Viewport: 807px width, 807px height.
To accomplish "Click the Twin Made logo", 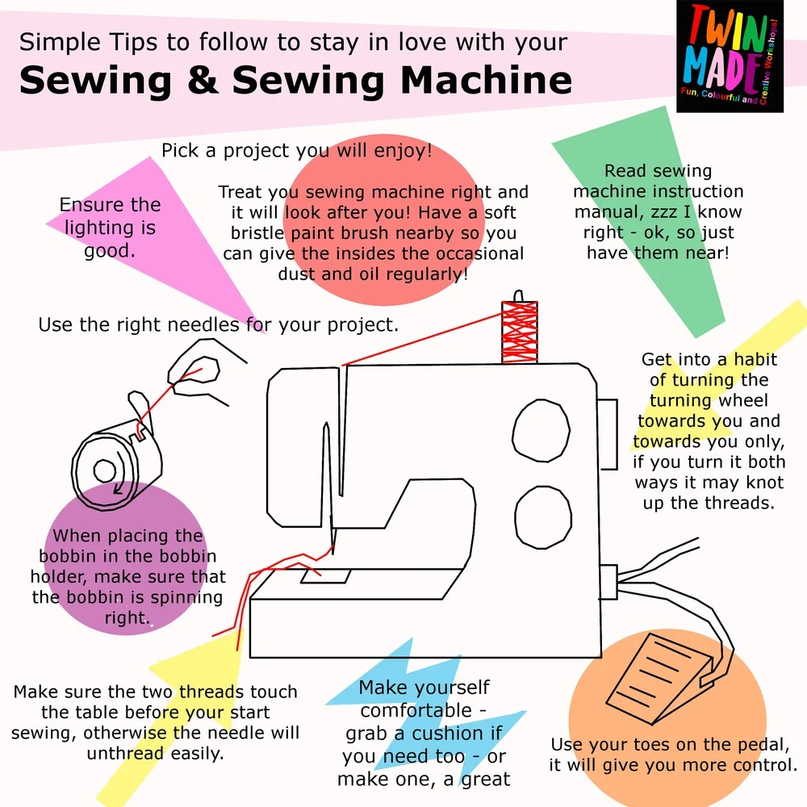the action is click(x=730, y=56).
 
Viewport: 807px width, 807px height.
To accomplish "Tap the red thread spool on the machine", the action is click(x=520, y=332).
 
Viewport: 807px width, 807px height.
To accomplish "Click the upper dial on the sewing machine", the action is click(x=541, y=431).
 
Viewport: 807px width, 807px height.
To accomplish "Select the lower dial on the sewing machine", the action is click(x=543, y=517).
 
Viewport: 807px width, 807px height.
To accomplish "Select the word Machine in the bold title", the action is click(x=487, y=80).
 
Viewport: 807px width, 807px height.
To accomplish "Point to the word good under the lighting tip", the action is click(x=109, y=251).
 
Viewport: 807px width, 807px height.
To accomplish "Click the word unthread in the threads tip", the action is click(x=125, y=753).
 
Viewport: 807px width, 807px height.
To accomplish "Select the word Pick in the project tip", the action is click(x=180, y=150).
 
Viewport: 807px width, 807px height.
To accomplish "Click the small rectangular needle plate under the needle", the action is click(x=325, y=576).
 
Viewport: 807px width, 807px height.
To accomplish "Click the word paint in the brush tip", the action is click(x=316, y=233).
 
